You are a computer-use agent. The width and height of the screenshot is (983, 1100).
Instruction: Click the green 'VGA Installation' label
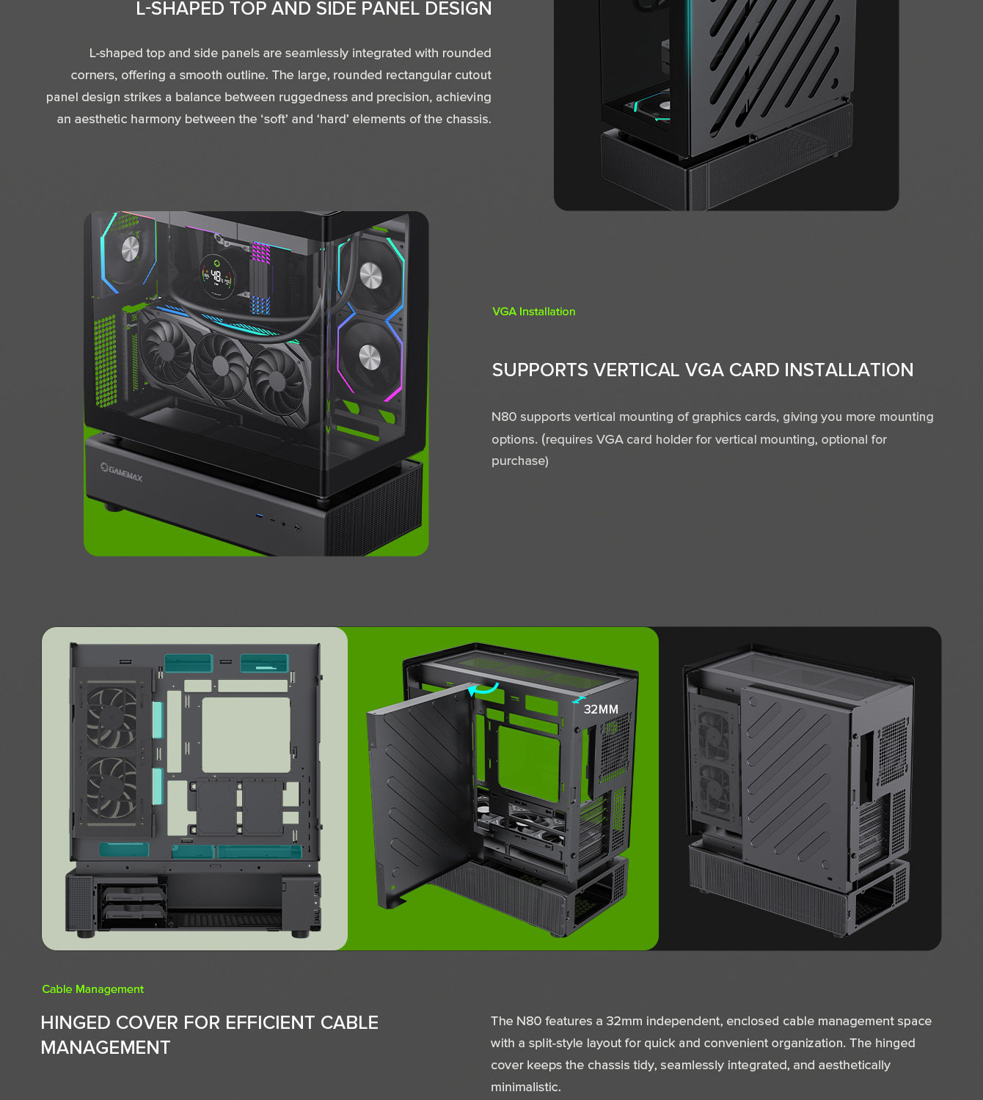[x=533, y=312]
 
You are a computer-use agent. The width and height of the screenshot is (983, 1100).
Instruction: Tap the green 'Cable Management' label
[x=92, y=989]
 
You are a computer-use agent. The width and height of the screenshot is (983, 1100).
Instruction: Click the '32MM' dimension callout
[x=601, y=709]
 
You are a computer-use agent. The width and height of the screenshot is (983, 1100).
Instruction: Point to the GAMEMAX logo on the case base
[x=123, y=472]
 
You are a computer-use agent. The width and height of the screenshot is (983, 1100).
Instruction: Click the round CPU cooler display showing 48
[x=217, y=276]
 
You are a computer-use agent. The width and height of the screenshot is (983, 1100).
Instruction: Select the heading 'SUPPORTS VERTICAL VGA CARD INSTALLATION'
[x=702, y=370]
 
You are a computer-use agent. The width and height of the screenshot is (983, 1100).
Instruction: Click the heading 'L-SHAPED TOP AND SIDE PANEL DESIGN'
[x=313, y=9]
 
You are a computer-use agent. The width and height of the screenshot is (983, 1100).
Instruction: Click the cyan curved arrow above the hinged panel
[x=483, y=689]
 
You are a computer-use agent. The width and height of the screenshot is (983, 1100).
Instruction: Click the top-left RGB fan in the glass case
[x=129, y=249]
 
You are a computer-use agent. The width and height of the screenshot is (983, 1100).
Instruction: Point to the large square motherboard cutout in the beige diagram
[x=246, y=735]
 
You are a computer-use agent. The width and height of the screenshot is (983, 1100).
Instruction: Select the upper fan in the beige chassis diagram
[x=112, y=716]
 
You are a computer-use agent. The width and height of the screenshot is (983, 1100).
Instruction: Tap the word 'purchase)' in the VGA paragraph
[x=519, y=461]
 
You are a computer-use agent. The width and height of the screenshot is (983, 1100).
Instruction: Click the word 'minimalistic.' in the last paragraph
[x=525, y=1088]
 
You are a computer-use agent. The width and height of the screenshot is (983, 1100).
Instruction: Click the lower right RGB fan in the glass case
[x=370, y=357]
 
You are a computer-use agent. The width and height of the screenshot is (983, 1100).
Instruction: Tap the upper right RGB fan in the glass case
[x=371, y=276]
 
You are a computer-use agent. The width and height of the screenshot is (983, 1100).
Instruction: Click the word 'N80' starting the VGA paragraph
[x=504, y=417]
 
